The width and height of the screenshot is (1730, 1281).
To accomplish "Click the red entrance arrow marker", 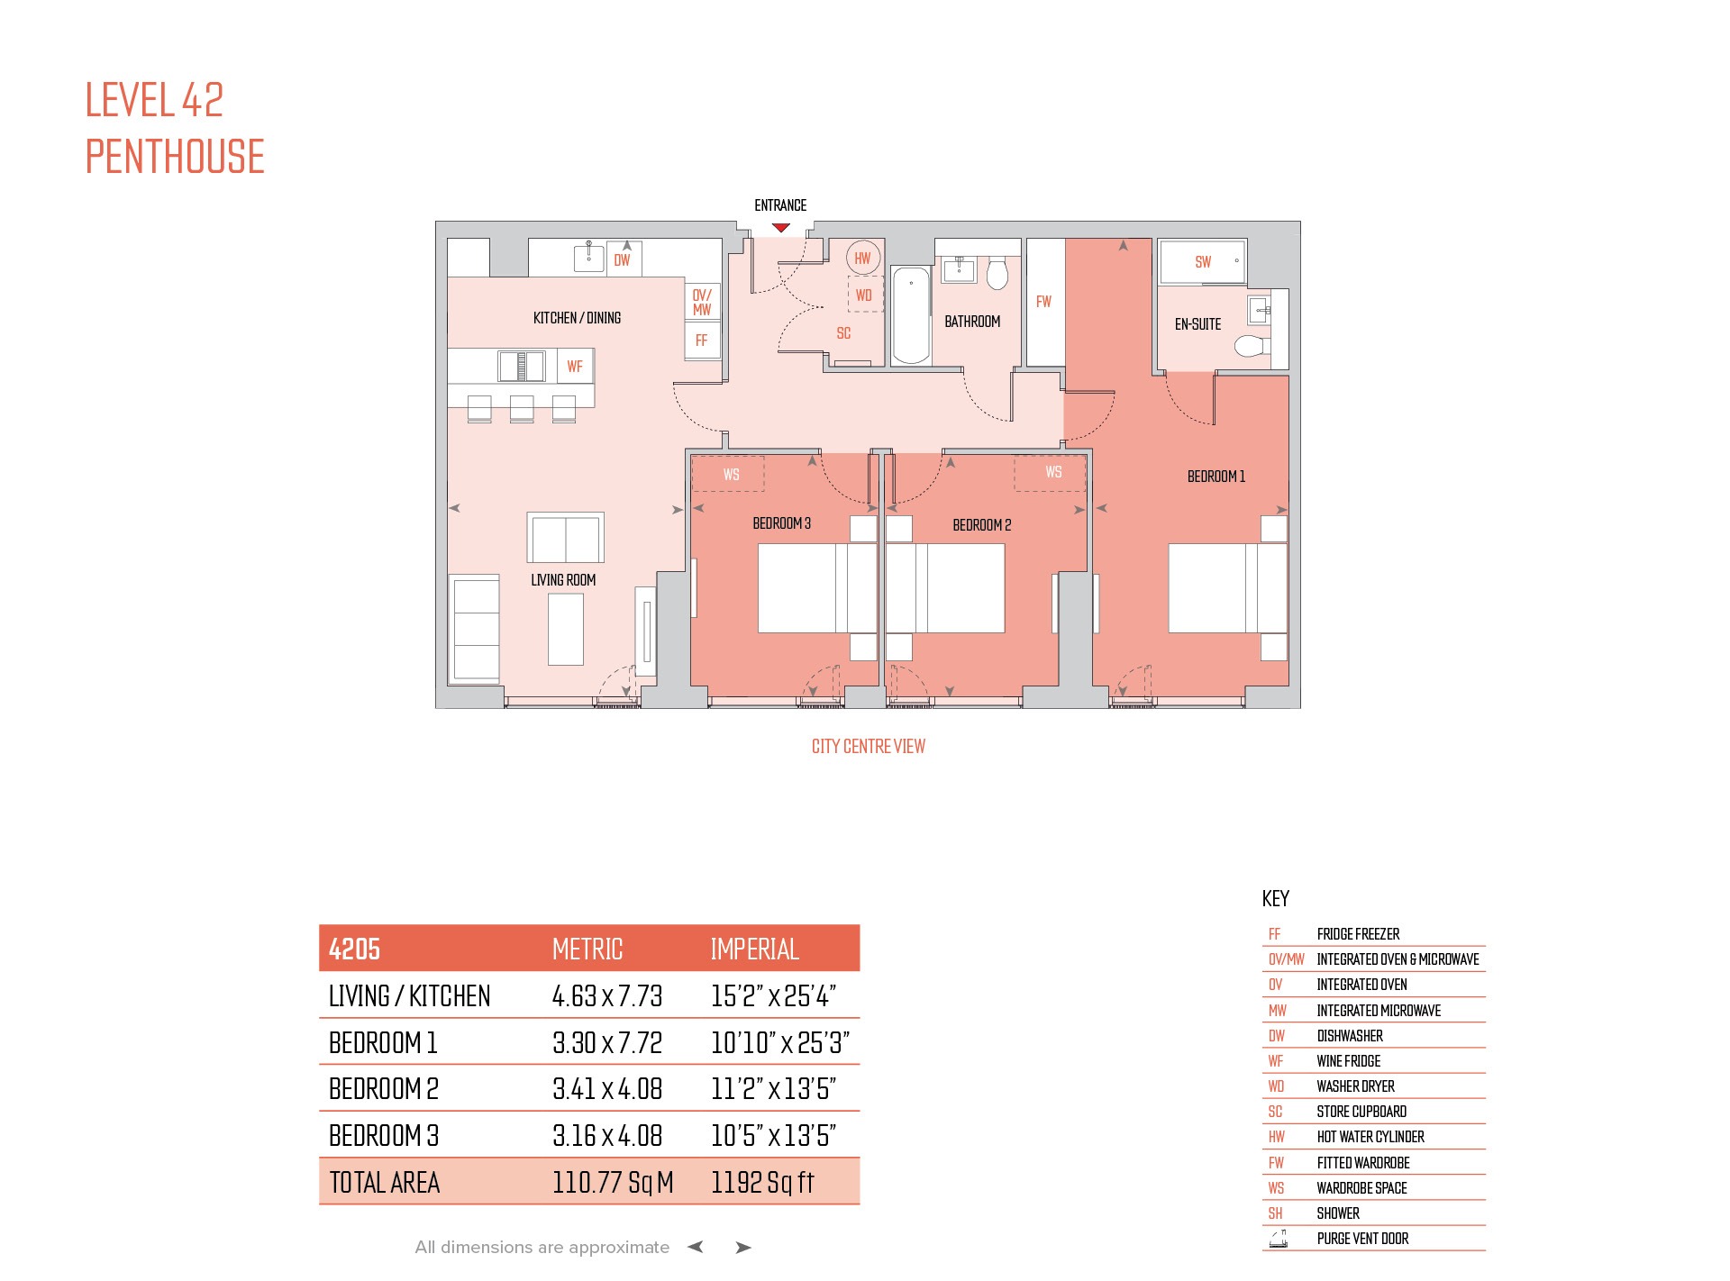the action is pos(781,228).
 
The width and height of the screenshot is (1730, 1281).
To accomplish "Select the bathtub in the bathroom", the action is pos(910,315).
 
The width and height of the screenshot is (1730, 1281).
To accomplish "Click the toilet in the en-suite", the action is pos(1252,346).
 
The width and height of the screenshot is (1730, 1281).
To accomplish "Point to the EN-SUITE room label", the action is pos(1197,324).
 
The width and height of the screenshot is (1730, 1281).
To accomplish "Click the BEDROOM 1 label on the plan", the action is pos(1216,477).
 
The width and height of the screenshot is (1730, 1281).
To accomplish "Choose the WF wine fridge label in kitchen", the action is pos(574,367).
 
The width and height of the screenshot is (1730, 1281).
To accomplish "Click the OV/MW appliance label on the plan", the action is pos(702,302).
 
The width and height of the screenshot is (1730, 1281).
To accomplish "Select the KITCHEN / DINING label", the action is pos(577,318).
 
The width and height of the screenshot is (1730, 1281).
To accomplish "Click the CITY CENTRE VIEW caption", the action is pos(868,746).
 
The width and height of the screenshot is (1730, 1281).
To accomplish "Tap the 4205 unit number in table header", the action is pos(354,949).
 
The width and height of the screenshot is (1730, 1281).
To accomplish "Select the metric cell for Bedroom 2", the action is pos(607,1089).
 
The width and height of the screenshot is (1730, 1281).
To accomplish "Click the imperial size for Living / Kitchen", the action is pos(773,995).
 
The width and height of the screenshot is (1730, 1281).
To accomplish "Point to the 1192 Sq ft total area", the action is pos(762,1182).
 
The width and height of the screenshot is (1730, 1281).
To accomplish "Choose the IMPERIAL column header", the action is pos(754,949).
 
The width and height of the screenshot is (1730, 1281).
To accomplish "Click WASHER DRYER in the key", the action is pos(1355,1086).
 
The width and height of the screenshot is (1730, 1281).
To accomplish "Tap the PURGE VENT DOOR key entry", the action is pos(1362,1239).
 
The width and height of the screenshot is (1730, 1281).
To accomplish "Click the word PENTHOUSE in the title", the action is pos(175,157).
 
